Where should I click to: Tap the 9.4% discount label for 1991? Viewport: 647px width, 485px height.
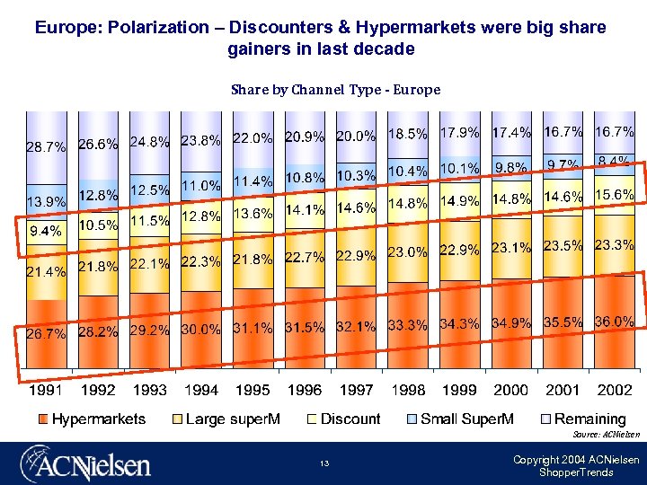45,232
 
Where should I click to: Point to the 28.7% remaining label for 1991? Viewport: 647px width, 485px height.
46,146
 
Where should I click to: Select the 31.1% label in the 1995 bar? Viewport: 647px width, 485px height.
253,329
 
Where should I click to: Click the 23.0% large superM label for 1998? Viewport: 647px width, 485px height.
407,253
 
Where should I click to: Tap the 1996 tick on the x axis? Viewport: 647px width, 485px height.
304,391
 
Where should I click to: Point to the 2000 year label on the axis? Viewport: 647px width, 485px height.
510,391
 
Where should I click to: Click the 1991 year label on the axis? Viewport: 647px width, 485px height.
46,391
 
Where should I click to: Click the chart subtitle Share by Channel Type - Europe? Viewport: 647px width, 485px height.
335,90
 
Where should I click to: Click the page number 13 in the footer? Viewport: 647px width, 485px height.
324,464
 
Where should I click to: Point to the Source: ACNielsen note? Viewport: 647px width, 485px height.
607,435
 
